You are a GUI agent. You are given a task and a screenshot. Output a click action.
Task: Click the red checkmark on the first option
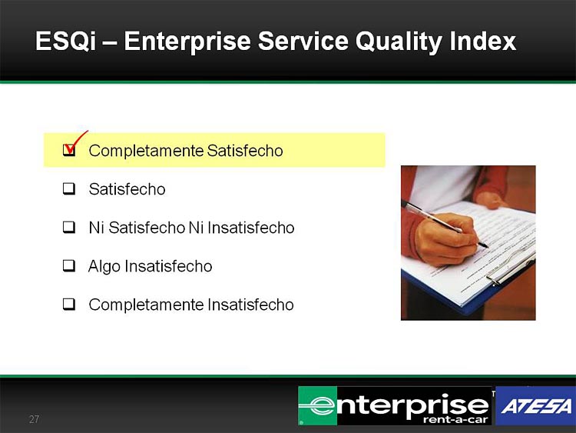pyautogui.click(x=74, y=144)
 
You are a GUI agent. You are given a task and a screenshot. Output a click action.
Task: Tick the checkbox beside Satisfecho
pyautogui.click(x=69, y=188)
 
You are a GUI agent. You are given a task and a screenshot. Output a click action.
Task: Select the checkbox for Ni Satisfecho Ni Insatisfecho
pyautogui.click(x=69, y=228)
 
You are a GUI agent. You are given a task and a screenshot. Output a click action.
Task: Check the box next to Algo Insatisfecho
pyautogui.click(x=69, y=265)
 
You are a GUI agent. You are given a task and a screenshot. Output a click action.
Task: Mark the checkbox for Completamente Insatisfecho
pyautogui.click(x=69, y=305)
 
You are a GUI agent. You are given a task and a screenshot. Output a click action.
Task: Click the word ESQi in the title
pyautogui.click(x=66, y=41)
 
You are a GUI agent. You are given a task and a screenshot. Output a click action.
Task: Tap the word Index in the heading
pyautogui.click(x=483, y=41)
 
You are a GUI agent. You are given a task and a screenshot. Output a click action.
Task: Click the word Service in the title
pyautogui.click(x=303, y=41)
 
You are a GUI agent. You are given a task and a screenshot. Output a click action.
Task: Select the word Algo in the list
pyautogui.click(x=104, y=266)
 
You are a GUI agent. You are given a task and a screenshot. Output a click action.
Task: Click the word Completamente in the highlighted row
pyautogui.click(x=146, y=151)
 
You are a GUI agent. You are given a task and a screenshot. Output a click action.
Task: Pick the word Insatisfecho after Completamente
pyautogui.click(x=250, y=305)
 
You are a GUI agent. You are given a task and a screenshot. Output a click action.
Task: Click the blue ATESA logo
pyautogui.click(x=535, y=406)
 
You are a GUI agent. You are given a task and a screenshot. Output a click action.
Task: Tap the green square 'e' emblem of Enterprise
pyautogui.click(x=318, y=406)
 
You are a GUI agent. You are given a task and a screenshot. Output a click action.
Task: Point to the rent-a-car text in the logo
pyautogui.click(x=455, y=420)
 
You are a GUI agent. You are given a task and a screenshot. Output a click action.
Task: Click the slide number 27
pyautogui.click(x=34, y=419)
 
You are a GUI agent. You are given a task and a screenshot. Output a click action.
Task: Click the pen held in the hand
pyautogui.click(x=445, y=223)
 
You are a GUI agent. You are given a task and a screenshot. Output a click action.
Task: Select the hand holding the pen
pyautogui.click(x=446, y=238)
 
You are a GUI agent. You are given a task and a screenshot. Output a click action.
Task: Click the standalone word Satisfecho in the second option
pyautogui.click(x=127, y=189)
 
